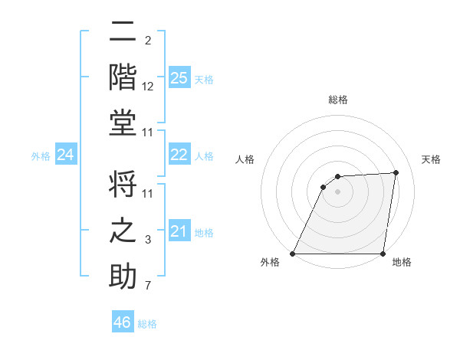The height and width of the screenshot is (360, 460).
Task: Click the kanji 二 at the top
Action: pyautogui.click(x=123, y=33)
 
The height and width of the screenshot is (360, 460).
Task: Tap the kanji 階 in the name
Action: pyautogui.click(x=123, y=77)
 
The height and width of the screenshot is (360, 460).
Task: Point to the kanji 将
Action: pyautogui.click(x=123, y=186)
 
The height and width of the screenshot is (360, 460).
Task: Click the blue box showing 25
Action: pyautogui.click(x=179, y=77)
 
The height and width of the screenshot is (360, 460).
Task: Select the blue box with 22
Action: pyautogui.click(x=179, y=155)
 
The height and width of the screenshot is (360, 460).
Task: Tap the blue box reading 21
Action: pyautogui.click(x=179, y=231)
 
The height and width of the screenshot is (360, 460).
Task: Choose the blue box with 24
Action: pyautogui.click(x=65, y=155)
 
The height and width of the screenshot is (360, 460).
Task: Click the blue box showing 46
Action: pyautogui.click(x=123, y=322)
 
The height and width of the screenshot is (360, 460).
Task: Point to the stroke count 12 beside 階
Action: pyautogui.click(x=148, y=87)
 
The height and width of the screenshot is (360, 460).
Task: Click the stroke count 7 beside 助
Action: pyautogui.click(x=148, y=286)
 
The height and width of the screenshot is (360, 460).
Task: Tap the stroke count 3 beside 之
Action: pyautogui.click(x=148, y=241)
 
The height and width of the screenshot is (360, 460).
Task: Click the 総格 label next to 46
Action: pyautogui.click(x=147, y=323)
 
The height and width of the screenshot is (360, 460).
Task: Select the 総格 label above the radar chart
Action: pyautogui.click(x=338, y=100)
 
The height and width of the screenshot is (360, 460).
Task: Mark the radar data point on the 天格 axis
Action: pyautogui.click(x=396, y=172)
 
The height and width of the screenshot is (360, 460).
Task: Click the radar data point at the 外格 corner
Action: pyautogui.click(x=293, y=254)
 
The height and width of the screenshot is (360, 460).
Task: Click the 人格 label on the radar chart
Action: pyautogui.click(x=245, y=159)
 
